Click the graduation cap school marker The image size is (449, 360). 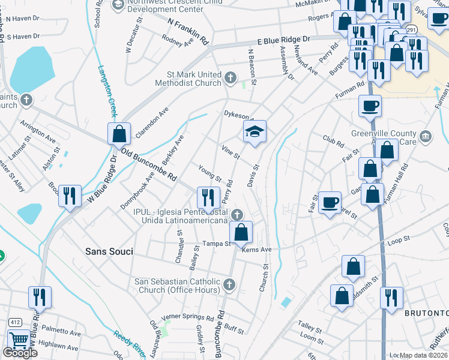tap(255, 131)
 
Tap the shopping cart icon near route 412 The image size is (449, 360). tap(19, 340)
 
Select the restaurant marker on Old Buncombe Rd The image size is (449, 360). tap(208, 197)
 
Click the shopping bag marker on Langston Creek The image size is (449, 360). tap(119, 133)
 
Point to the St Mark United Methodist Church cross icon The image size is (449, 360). tap(230, 77)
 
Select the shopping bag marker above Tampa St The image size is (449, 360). tap(241, 232)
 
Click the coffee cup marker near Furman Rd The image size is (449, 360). tap(370, 106)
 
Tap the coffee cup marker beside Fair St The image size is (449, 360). tap(330, 202)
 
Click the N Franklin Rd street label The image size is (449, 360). tap(188, 32)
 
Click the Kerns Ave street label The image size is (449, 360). tap(257, 249)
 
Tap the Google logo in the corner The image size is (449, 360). tap(20, 352)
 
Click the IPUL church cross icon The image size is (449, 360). tap(238, 214)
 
